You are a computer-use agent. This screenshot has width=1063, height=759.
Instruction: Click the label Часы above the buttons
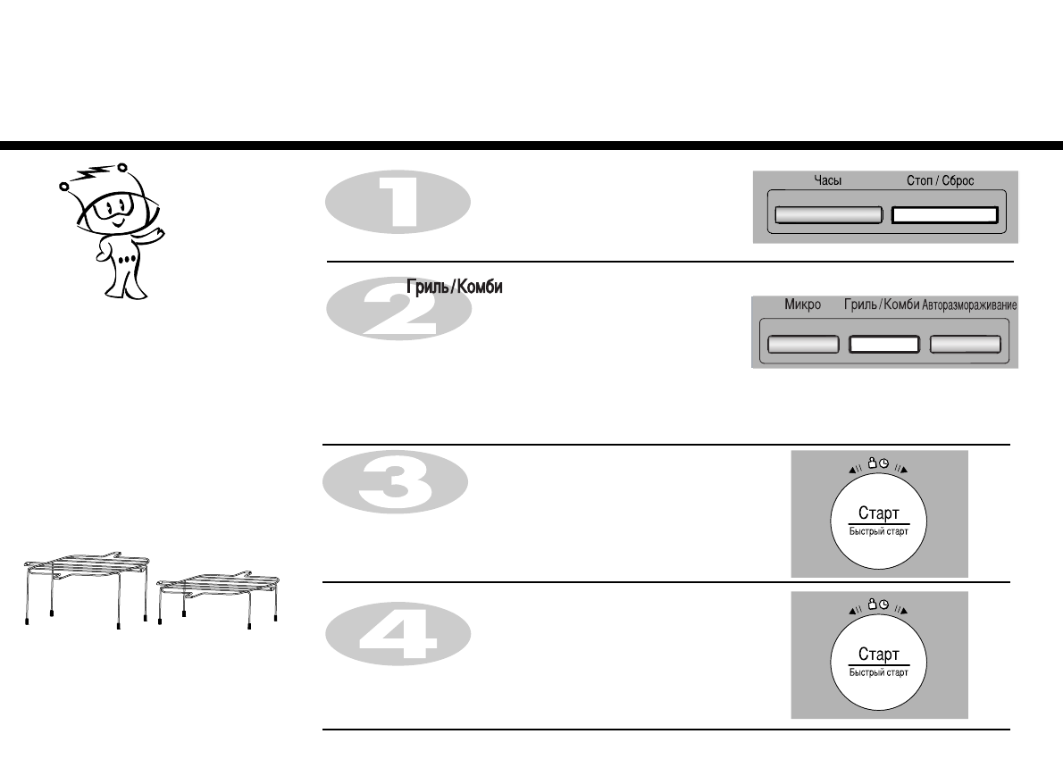pyautogui.click(x=827, y=180)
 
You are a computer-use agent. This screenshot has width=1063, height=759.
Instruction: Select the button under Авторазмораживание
pyautogui.click(x=965, y=345)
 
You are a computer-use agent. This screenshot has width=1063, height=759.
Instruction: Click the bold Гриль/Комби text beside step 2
pyautogui.click(x=454, y=288)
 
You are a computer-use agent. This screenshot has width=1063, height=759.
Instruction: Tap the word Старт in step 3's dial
pyautogui.click(x=878, y=513)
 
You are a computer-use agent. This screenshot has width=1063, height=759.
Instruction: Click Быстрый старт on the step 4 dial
pyautogui.click(x=878, y=672)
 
